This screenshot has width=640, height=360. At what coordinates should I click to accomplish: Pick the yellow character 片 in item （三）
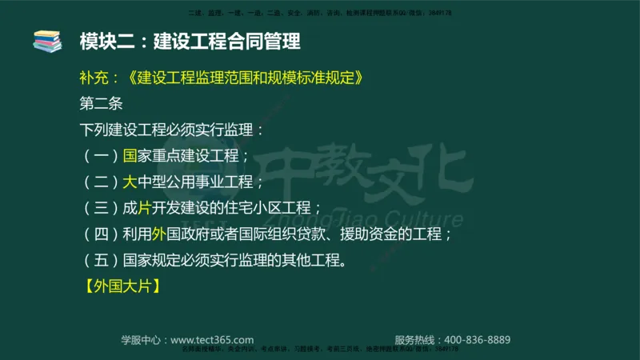(145, 208)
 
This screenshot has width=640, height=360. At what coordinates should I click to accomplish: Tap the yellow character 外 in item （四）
(158, 234)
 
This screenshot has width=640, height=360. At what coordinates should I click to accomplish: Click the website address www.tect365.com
(212, 339)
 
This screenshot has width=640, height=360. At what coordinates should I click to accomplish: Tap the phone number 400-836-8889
(477, 339)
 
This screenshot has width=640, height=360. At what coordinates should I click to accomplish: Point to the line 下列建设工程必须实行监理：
(170, 130)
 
